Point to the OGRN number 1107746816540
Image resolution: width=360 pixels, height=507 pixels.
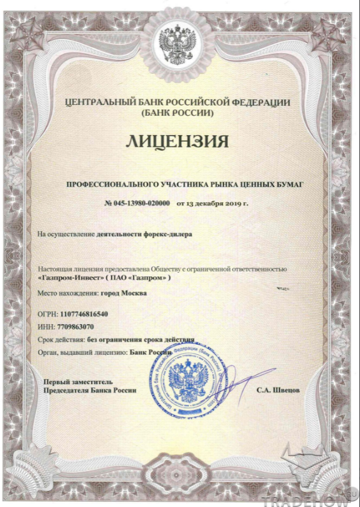(x=84, y=315)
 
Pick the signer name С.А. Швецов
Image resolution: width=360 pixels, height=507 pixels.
(x=278, y=391)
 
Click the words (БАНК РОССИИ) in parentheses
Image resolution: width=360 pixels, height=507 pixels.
(x=178, y=113)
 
